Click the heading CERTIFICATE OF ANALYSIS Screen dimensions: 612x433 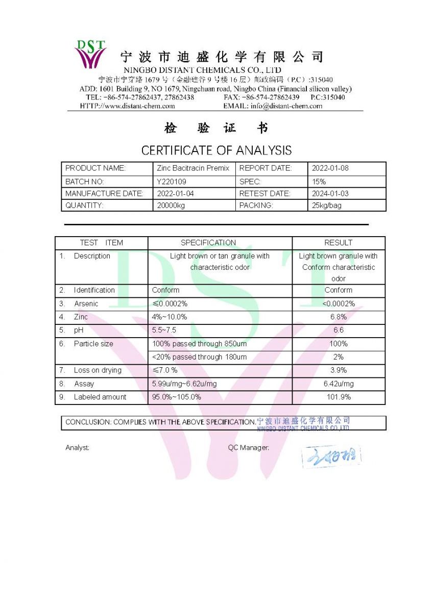(216, 150)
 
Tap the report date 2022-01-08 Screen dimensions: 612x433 (330, 168)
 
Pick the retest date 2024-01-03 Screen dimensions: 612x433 (330, 194)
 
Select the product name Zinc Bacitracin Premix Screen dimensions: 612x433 (193, 168)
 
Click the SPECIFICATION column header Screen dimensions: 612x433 (208, 243)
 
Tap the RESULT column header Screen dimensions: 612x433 (338, 243)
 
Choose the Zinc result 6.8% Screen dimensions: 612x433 (338, 317)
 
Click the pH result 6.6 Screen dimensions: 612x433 (338, 330)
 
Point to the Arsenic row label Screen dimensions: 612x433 (86, 303)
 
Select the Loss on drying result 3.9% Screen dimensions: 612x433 (338, 370)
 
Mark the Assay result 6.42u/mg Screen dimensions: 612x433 (338, 384)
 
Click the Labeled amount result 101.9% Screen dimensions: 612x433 (338, 397)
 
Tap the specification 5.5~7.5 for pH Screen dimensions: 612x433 (164, 330)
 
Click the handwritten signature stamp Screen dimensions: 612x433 (331, 456)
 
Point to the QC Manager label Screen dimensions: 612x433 (248, 448)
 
